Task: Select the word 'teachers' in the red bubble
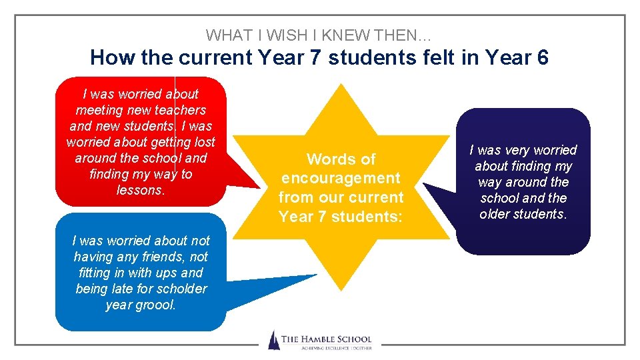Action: [x=180, y=110]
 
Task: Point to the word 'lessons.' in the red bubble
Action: [x=140, y=190]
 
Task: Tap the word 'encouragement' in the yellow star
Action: [x=341, y=178]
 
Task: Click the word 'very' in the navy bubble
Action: [x=519, y=150]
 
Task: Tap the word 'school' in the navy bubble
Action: [x=500, y=198]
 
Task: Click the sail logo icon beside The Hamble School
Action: [x=273, y=340]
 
